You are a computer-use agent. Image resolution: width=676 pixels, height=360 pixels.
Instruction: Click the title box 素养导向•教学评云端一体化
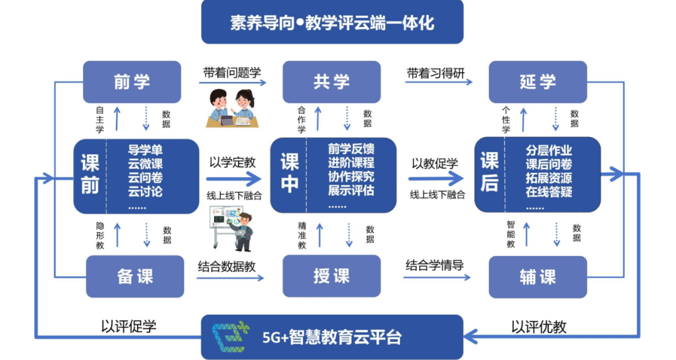pos(332,23)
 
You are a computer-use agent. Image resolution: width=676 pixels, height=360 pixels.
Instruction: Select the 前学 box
pos(132,82)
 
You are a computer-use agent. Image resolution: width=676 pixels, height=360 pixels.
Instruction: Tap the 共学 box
pos(332,82)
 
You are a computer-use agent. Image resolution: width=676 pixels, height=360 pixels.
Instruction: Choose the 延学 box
pos(538,82)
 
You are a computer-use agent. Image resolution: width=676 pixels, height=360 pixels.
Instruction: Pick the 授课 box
pos(332,276)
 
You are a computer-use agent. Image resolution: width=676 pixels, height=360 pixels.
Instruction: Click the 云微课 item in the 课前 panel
pos(145,164)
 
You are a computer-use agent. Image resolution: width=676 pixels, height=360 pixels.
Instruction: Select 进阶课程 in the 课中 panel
pos(351,163)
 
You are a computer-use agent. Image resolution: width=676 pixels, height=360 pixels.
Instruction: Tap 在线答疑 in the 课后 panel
pos(549,192)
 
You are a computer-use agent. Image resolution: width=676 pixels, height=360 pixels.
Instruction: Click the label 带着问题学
pos(232,73)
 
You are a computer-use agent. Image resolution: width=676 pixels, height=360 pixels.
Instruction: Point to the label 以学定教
pos(232,162)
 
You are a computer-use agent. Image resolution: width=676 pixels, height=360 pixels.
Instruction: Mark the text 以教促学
pos(434,163)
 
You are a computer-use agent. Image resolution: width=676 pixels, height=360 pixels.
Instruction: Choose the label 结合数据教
pos(227,265)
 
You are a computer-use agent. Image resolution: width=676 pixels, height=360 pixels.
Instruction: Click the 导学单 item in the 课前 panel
pos(145,150)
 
